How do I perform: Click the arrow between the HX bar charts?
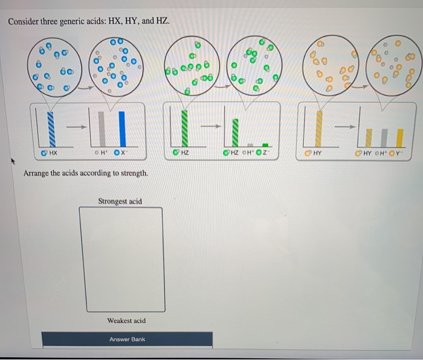(x=74, y=127)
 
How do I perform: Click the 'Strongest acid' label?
(x=120, y=201)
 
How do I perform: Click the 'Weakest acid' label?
(x=126, y=321)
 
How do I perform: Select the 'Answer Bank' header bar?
(x=127, y=339)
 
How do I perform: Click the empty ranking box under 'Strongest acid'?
(x=121, y=259)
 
